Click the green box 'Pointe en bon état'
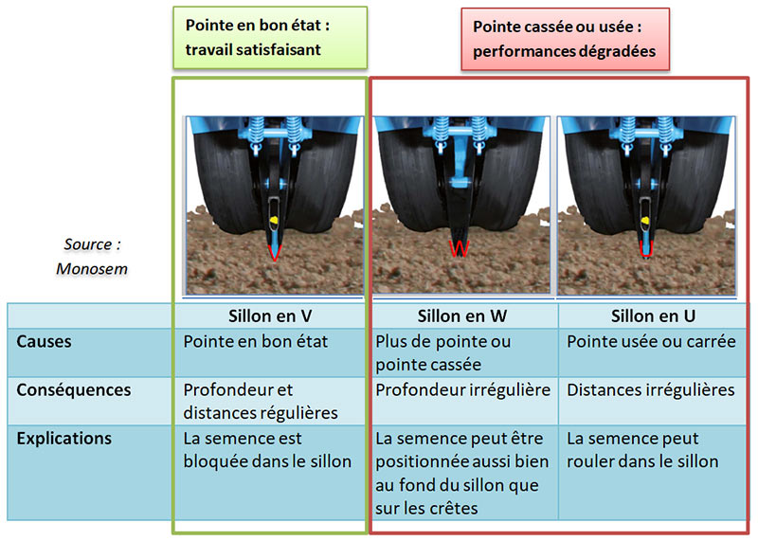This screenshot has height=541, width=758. click(x=270, y=38)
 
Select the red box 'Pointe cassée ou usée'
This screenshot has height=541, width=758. click(x=565, y=39)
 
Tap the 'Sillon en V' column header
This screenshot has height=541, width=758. click(x=270, y=316)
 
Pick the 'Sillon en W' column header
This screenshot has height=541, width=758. click(x=462, y=316)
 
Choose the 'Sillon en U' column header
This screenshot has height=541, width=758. click(x=653, y=316)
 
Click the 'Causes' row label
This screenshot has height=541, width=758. click(x=44, y=342)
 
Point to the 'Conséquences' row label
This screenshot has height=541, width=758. click(x=74, y=390)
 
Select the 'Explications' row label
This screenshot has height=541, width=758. click(x=63, y=439)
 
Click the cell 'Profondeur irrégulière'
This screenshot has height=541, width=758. click(x=462, y=390)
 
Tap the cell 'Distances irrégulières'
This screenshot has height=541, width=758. click(x=651, y=390)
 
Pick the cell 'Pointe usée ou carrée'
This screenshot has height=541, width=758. click(x=651, y=342)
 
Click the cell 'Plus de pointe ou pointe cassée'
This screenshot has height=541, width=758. click(x=442, y=353)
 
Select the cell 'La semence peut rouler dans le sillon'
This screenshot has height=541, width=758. click(x=642, y=450)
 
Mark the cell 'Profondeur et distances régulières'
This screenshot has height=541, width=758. click(x=261, y=402)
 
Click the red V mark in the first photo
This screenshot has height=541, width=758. click(x=274, y=252)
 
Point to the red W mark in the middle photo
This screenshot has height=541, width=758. click(x=459, y=248)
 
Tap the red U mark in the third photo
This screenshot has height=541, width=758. click(x=646, y=248)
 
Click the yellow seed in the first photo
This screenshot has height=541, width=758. click(x=274, y=220)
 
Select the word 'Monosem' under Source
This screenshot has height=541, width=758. click(x=92, y=269)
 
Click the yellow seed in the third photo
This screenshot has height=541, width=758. click(x=644, y=221)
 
